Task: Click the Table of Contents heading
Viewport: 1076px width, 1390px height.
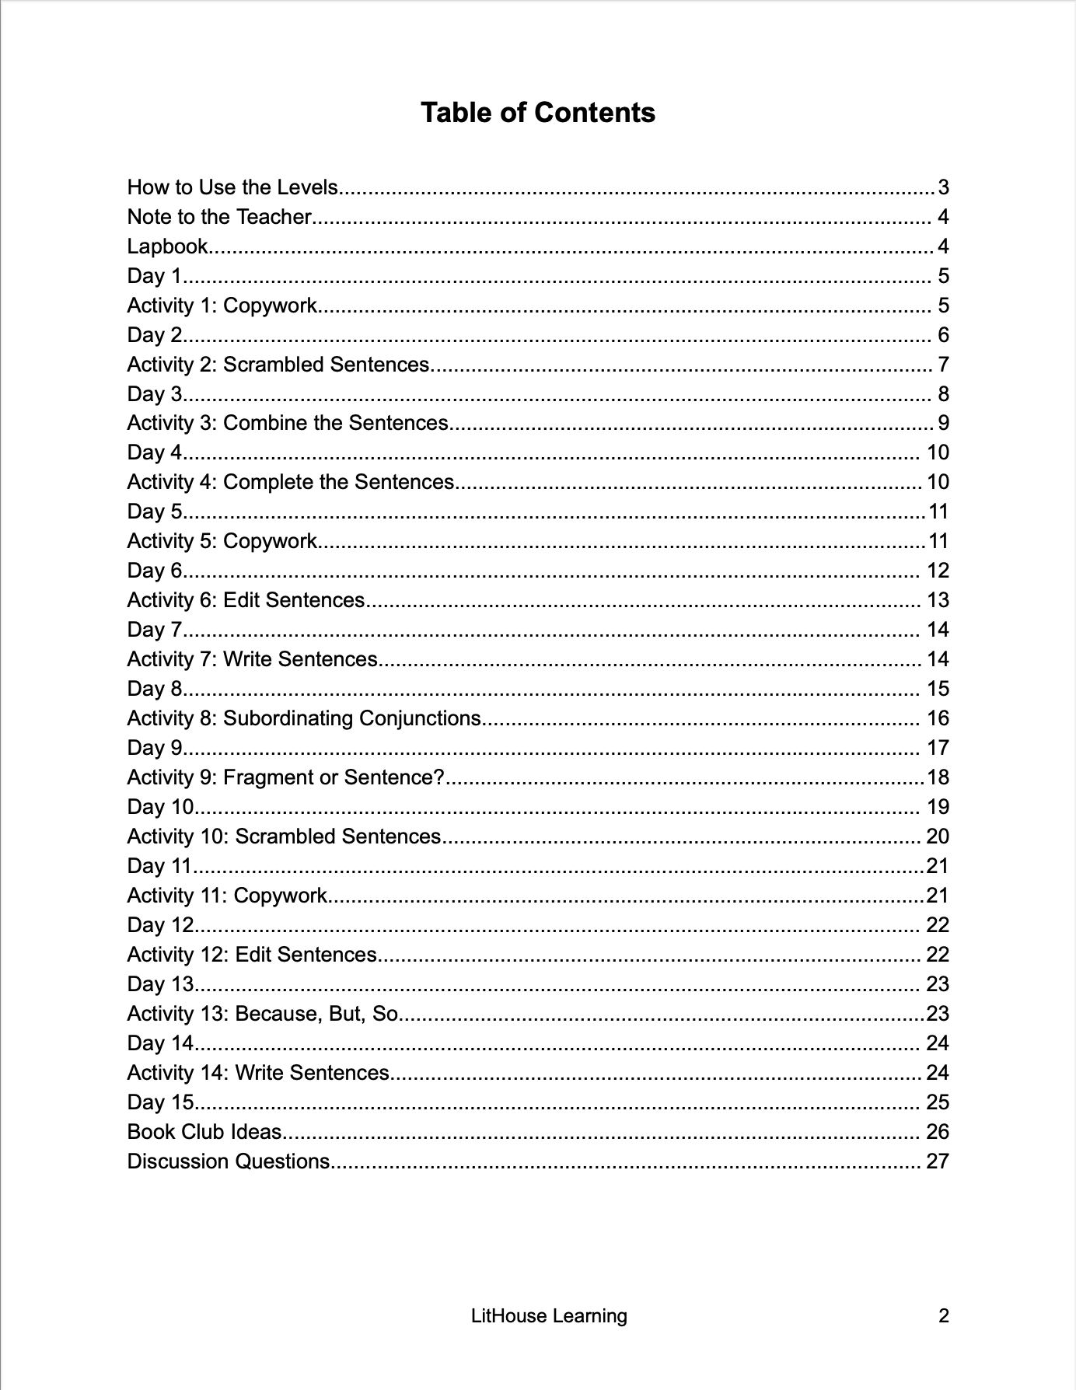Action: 537,113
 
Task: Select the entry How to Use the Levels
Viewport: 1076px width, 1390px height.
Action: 232,187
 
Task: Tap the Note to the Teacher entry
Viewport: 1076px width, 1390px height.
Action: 219,217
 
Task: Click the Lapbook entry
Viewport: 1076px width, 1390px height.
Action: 167,246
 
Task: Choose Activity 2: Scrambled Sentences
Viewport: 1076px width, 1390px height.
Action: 278,365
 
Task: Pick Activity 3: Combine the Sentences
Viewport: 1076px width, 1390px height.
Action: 288,423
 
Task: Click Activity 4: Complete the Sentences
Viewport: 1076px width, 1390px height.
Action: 290,482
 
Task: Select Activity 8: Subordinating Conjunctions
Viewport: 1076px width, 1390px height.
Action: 304,718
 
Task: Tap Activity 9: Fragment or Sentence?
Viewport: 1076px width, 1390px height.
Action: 285,777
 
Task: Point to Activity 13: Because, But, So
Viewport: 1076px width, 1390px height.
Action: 262,1014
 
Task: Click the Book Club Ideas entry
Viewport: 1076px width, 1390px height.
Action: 204,1132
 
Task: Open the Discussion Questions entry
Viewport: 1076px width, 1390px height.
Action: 229,1161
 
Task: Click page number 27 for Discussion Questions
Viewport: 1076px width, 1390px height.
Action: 938,1161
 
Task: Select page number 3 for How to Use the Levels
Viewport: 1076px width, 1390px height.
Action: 943,187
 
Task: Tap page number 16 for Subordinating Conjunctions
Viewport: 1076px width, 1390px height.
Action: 938,718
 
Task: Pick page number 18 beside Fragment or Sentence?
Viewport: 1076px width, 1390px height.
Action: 938,777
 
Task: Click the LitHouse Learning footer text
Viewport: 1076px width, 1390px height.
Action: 549,1316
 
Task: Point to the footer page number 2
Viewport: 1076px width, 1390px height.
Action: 944,1316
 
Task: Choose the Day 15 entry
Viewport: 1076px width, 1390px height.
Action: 160,1102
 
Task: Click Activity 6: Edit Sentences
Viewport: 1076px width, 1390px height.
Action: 246,600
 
